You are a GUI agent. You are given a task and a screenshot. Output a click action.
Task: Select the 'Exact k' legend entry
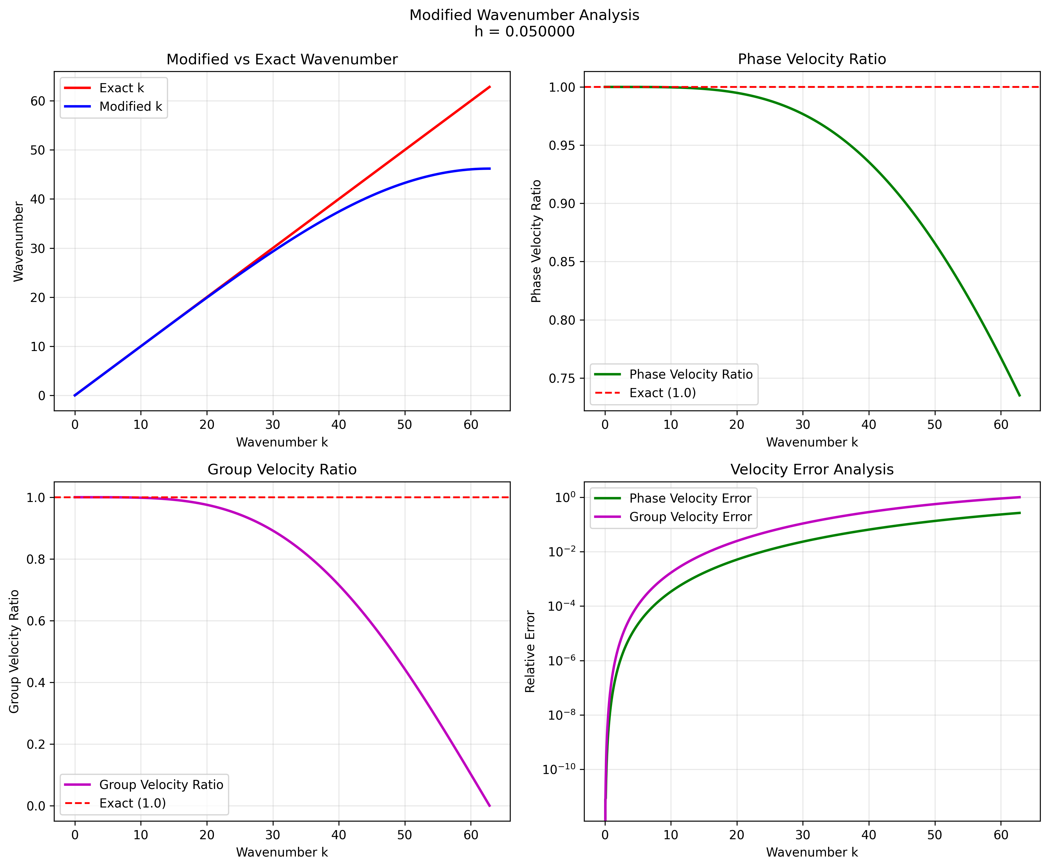click(x=121, y=88)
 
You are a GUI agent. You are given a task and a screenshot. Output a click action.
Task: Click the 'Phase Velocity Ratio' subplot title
click(x=812, y=59)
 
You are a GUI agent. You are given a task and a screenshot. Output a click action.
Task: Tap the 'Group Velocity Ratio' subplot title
click(x=282, y=469)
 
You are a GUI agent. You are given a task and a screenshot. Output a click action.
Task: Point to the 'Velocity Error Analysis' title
click(x=812, y=469)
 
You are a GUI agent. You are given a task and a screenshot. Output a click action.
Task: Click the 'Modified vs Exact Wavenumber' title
click(x=282, y=59)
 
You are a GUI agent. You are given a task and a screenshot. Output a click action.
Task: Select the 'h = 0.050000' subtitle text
click(x=524, y=31)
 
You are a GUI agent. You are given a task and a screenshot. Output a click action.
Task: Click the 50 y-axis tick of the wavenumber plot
click(x=38, y=150)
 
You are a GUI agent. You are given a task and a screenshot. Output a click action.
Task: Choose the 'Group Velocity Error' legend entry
click(x=690, y=517)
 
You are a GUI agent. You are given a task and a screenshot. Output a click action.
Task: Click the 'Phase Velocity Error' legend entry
click(x=690, y=498)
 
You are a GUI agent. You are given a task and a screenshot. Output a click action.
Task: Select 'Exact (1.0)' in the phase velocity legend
click(x=662, y=393)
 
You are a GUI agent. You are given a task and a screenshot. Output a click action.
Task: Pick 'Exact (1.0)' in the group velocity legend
click(x=132, y=803)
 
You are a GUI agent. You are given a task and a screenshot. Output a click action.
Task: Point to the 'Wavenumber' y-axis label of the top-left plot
click(x=19, y=241)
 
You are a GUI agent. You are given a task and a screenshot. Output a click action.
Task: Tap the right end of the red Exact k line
click(x=490, y=87)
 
